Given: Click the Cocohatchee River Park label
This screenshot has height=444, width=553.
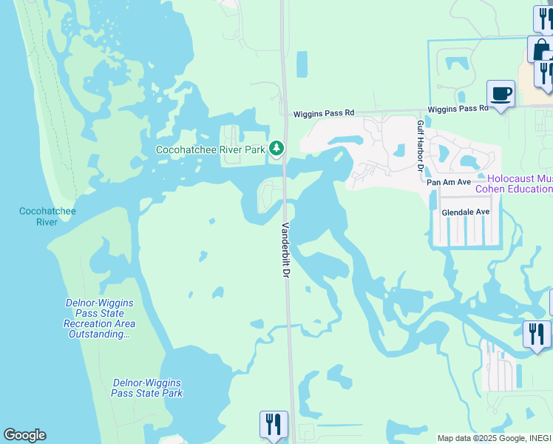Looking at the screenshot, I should (210, 149).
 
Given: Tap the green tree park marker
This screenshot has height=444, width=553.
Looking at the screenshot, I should (276, 149).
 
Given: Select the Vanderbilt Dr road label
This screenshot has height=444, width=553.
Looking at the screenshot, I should (285, 250).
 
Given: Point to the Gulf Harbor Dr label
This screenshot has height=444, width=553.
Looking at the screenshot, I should (420, 147).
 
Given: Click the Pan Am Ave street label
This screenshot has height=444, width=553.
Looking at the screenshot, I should (449, 181).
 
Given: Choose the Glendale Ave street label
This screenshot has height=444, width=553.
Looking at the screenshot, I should (466, 212).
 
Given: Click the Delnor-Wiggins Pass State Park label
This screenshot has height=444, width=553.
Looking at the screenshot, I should (147, 388).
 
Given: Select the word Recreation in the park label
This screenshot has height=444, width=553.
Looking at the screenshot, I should (89, 324).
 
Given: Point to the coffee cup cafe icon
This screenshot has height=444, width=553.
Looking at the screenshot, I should (501, 94).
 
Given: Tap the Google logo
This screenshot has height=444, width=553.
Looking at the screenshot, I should (24, 435).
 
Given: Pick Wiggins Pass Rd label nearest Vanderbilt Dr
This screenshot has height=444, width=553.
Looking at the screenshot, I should (324, 113).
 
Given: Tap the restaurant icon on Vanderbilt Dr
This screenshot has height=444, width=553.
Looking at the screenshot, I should (274, 425).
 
